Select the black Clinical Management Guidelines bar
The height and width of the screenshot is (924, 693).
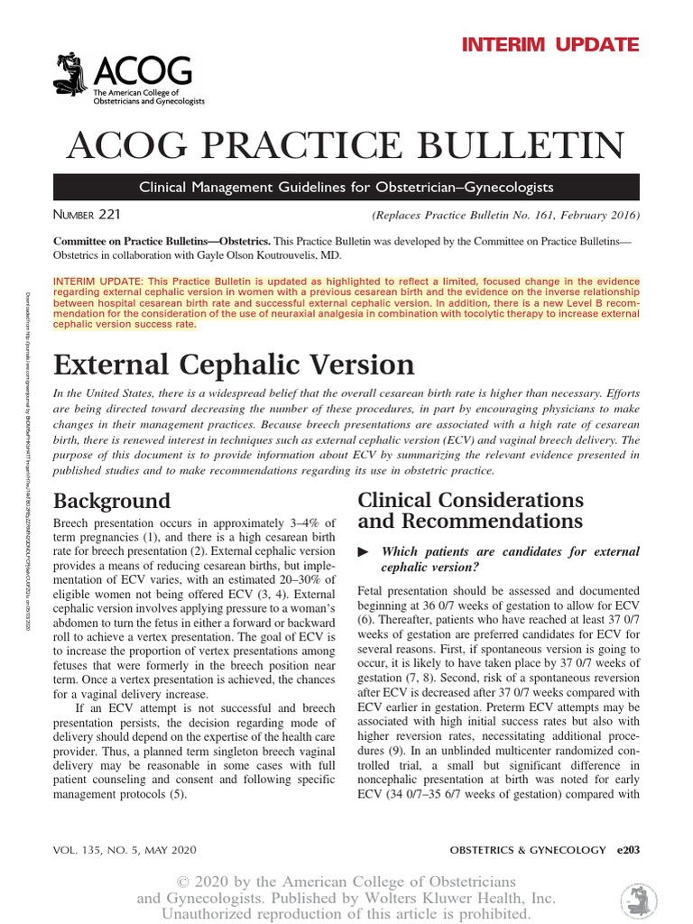(x=346, y=188)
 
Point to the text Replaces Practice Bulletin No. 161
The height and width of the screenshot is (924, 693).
(x=505, y=216)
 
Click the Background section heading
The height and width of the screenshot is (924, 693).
(x=112, y=501)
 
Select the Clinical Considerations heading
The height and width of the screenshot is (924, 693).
(x=470, y=511)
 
